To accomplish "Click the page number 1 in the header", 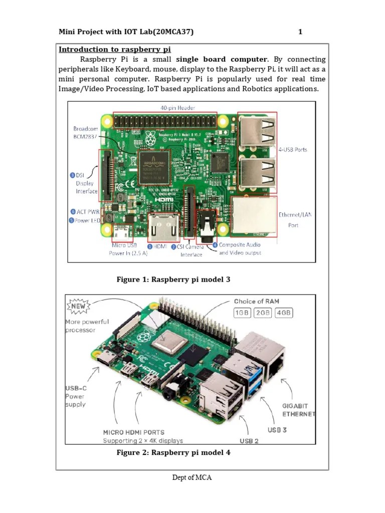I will coord(300,33).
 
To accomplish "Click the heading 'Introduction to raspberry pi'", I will coord(115,49).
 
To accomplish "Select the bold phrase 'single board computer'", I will coord(222,59).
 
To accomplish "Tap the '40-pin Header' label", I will coord(177,108).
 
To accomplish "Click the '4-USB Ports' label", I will coord(293,149).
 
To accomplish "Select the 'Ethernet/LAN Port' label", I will coord(295,220).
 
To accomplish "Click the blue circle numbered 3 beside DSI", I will coord(73,175).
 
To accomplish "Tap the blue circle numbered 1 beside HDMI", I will coord(149,246).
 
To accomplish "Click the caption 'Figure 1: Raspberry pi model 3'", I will coord(173,280).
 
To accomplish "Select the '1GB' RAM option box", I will coord(242,313).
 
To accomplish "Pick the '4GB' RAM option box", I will coord(283,313).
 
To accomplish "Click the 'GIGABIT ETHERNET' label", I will coord(299,410).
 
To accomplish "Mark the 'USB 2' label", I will coord(249,441).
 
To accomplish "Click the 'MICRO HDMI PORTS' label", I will coord(133,432).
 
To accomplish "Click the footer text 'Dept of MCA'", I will coord(192,477).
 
